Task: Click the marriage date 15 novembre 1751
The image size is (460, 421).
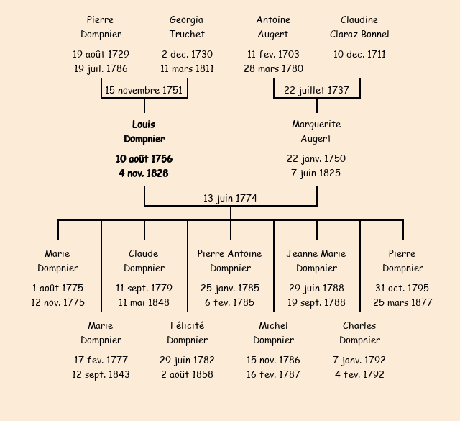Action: pyautogui.click(x=144, y=90)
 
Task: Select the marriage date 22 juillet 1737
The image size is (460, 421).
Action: pyautogui.click(x=316, y=90)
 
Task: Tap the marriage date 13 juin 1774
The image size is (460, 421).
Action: pyautogui.click(x=230, y=198)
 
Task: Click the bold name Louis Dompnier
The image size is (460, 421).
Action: pyautogui.click(x=144, y=132)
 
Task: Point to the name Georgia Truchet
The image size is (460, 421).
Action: pyautogui.click(x=187, y=27)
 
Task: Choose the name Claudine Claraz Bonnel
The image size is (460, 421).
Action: pyautogui.click(x=359, y=27)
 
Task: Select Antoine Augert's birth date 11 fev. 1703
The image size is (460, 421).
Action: pyautogui.click(x=273, y=54)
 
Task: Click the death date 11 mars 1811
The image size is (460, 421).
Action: pyautogui.click(x=187, y=69)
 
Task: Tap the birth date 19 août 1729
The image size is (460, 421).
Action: pyautogui.click(x=101, y=54)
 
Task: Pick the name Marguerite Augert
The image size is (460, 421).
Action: pyautogui.click(x=316, y=131)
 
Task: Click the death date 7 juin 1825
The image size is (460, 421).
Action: pyautogui.click(x=316, y=173)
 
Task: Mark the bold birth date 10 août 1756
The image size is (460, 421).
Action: pyautogui.click(x=144, y=158)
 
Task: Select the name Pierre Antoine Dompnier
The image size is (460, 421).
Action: pyautogui.click(x=230, y=261)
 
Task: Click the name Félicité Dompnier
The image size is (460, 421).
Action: pyautogui.click(x=187, y=332)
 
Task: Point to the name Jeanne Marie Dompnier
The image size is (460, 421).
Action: pyautogui.click(x=316, y=261)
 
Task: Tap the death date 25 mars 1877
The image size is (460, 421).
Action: pyautogui.click(x=402, y=302)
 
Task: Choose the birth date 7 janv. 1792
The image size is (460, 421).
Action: pyautogui.click(x=359, y=360)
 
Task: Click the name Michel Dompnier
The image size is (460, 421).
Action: pyautogui.click(x=273, y=332)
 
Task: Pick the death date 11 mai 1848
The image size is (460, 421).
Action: pyautogui.click(x=144, y=302)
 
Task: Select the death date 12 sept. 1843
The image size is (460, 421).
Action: pyautogui.click(x=101, y=374)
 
